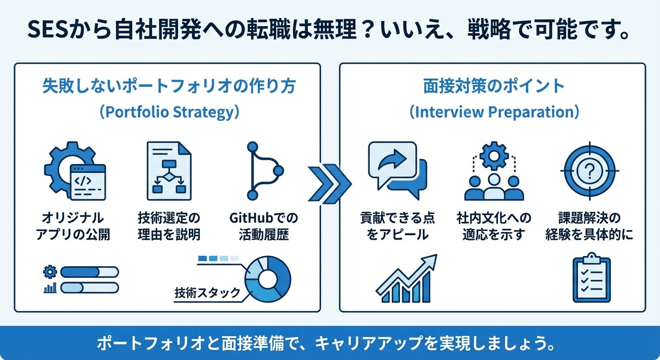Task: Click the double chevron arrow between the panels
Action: pos(330,184)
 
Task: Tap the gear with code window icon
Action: pos(75,171)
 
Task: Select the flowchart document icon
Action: pos(169,171)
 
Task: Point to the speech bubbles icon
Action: pos(398,170)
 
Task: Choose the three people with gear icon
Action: pos(494,171)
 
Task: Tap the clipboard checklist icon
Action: pos(592,277)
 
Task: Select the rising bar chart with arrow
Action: pos(406,278)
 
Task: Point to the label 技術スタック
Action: pos(208,293)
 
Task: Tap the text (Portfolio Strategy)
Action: pos(169,112)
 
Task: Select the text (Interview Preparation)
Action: pos(495,112)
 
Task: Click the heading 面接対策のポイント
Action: pos(494,86)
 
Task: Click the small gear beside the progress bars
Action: pos(50,272)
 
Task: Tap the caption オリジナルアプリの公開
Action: pos(73,226)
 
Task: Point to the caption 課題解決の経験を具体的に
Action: pos(589,226)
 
